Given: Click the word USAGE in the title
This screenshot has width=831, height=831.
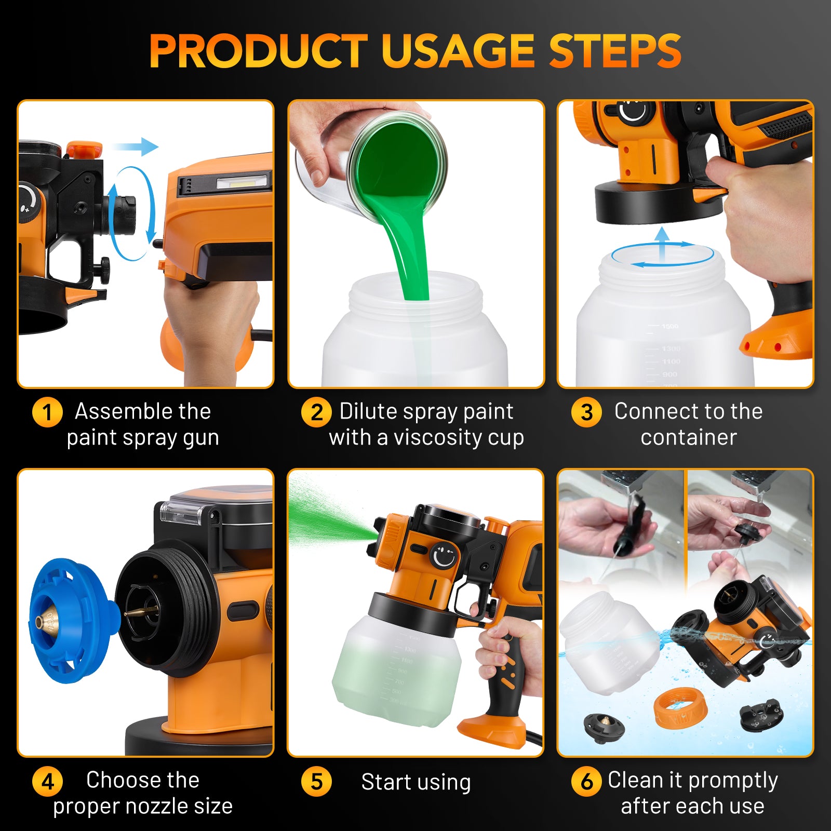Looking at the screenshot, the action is pyautogui.click(x=458, y=50).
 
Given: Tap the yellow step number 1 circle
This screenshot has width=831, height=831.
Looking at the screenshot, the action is pyautogui.click(x=47, y=412).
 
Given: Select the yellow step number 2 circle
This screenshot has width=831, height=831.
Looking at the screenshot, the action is pyautogui.click(x=316, y=412).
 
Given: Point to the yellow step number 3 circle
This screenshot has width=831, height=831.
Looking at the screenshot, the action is pyautogui.click(x=586, y=412).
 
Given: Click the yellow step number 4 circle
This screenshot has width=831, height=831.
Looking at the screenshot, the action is pyautogui.click(x=47, y=781).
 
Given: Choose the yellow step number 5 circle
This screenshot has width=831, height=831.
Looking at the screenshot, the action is pyautogui.click(x=316, y=781).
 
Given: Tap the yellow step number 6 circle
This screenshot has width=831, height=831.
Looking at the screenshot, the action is pyautogui.click(x=586, y=781).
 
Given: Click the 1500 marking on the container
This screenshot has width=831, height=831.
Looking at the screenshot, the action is pyautogui.click(x=670, y=326).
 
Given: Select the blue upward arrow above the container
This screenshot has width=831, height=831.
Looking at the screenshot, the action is pyautogui.click(x=662, y=244).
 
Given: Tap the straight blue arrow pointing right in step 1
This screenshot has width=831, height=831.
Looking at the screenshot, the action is pyautogui.click(x=135, y=146).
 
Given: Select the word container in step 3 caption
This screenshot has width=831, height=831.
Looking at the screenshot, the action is pyautogui.click(x=689, y=437).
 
